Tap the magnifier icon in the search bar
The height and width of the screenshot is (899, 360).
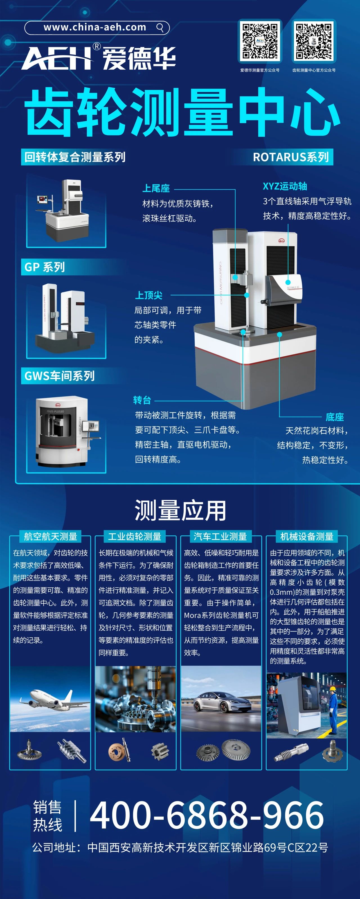[x=160, y=28]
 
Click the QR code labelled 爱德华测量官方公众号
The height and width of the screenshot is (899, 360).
[x=260, y=41]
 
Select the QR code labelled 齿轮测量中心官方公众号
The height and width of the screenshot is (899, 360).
[x=314, y=41]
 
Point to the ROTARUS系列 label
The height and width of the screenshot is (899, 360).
[x=291, y=157]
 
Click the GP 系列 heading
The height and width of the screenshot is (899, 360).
[x=45, y=267]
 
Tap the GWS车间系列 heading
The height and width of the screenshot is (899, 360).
[x=59, y=376]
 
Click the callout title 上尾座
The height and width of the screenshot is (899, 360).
[x=156, y=189]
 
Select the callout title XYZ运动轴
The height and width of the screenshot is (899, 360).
[x=285, y=186]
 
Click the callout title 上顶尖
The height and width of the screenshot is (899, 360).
[x=149, y=295]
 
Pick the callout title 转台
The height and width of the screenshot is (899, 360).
[x=142, y=400]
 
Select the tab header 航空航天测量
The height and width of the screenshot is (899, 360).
[x=50, y=536]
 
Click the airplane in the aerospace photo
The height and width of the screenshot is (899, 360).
[x=49, y=699]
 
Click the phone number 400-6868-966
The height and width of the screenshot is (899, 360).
[x=207, y=815]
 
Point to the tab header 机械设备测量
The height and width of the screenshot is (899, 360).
[x=307, y=536]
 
